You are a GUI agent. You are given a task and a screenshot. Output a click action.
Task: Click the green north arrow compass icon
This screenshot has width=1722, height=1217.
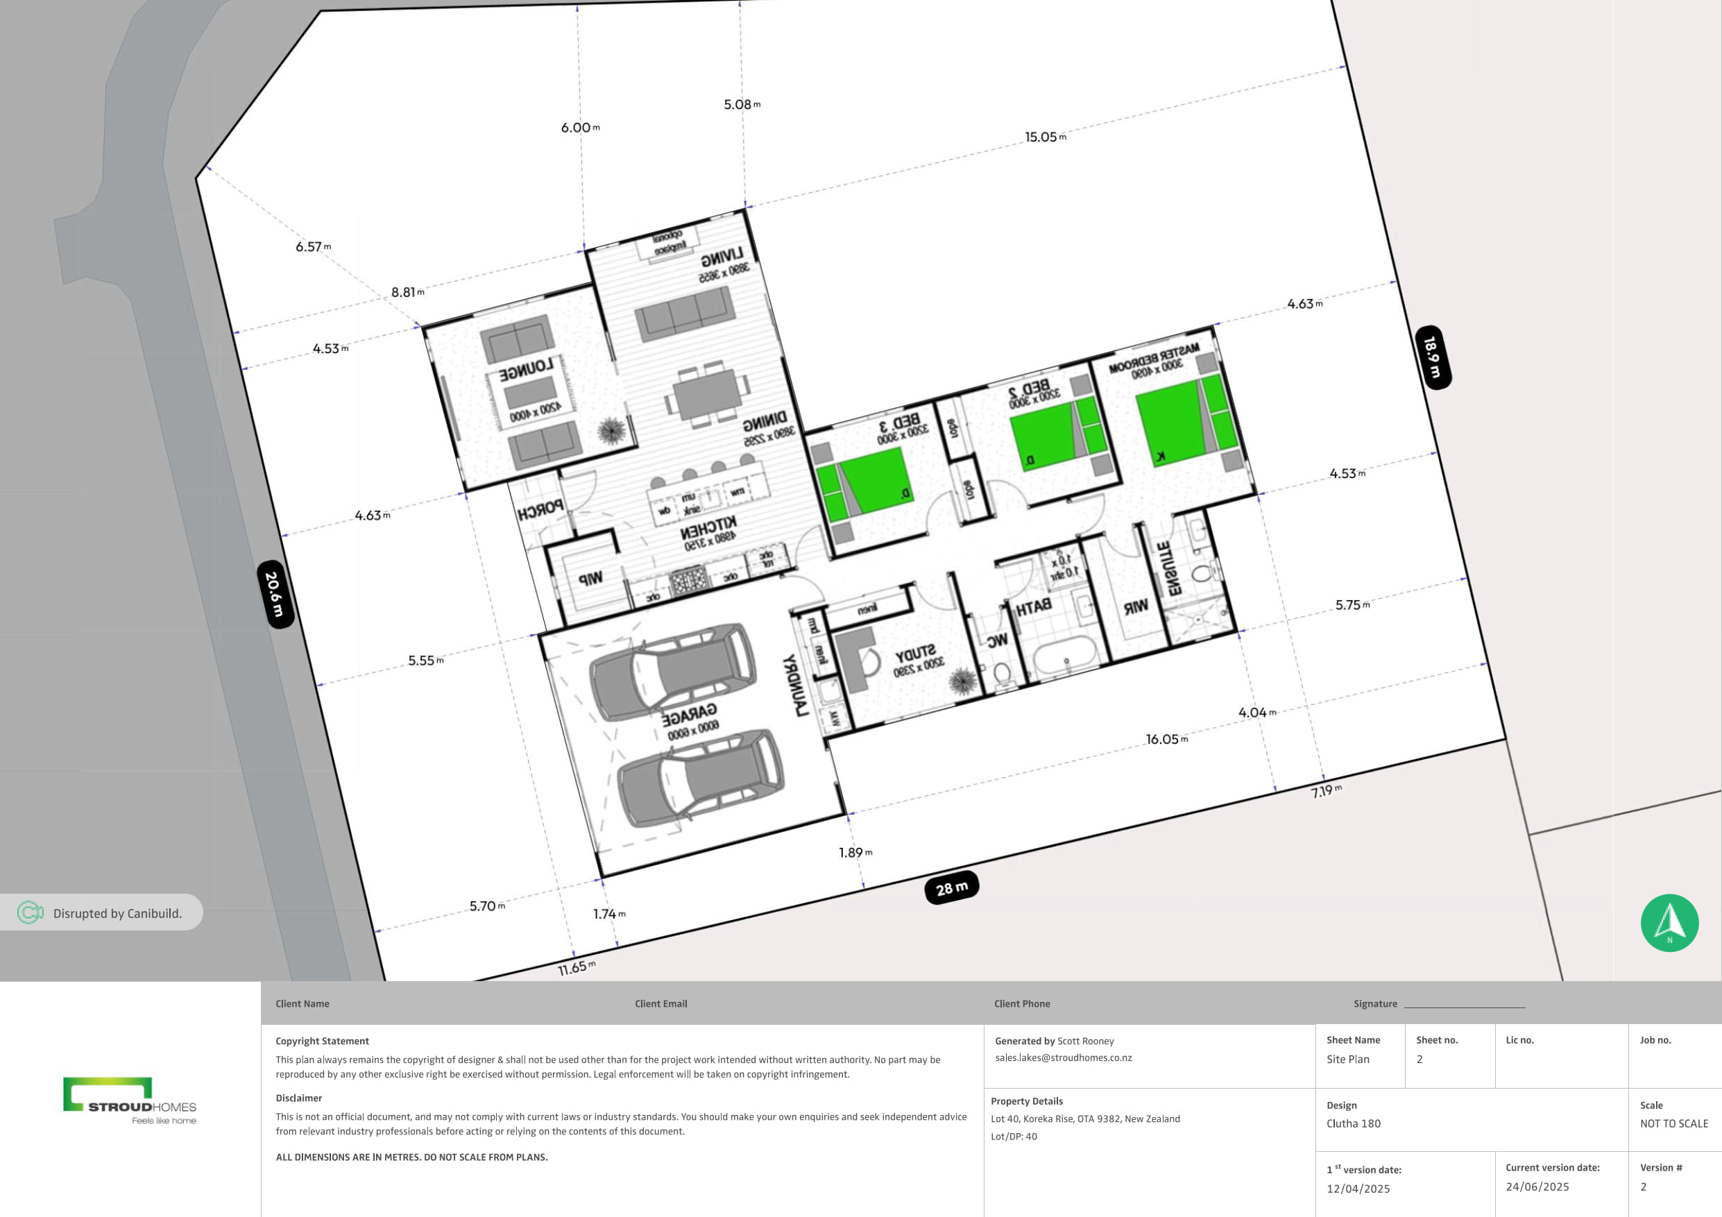click(1669, 922)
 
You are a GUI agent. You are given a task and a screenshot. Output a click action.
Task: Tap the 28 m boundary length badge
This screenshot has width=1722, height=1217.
click(951, 888)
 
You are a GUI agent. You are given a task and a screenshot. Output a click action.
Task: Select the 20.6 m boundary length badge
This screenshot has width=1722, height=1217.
click(275, 594)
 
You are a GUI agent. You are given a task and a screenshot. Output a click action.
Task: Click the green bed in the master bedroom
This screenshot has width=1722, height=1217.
click(1174, 422)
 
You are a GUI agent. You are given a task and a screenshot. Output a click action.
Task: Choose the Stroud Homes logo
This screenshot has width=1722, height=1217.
click(130, 1100)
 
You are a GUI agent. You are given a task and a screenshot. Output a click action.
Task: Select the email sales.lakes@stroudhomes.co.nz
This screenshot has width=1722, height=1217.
click(1063, 1057)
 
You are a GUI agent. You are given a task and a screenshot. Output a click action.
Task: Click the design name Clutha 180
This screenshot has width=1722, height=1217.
click(1353, 1123)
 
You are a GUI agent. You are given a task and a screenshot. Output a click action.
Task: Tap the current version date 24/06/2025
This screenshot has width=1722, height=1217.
click(1537, 1186)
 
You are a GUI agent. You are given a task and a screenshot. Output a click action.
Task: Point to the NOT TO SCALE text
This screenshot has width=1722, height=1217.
click(1673, 1123)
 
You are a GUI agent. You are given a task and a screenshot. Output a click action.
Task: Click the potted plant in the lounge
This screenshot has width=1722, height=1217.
click(611, 430)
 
